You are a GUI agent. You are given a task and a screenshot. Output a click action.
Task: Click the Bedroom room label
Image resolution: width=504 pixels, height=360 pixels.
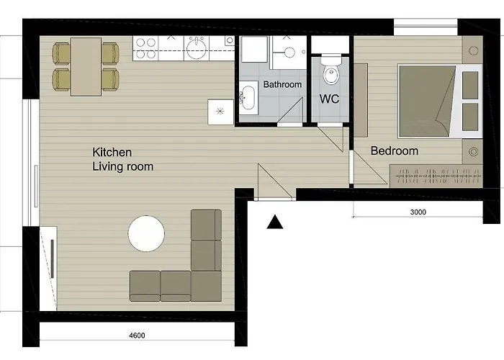395,150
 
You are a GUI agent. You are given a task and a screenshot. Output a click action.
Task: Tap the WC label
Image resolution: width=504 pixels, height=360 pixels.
329,99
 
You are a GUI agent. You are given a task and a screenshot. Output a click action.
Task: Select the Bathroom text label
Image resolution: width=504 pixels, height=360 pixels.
282,84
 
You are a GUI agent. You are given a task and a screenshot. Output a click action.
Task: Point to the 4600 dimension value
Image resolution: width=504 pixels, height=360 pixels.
137,336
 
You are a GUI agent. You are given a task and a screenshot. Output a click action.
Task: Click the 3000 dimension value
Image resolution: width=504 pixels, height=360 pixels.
418,212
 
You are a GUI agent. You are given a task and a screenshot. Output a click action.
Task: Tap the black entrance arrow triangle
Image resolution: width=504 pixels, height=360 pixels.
275,222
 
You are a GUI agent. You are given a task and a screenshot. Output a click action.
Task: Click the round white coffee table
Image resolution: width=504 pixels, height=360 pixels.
146,234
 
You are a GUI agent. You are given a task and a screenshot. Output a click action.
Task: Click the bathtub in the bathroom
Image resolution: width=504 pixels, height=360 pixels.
248,98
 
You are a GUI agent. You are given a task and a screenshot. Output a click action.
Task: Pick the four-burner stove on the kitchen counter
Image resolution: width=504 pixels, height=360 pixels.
145,48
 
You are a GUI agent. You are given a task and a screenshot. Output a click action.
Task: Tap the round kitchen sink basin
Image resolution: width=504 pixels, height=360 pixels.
196,48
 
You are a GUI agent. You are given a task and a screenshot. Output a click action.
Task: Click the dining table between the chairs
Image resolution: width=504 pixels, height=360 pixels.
86,66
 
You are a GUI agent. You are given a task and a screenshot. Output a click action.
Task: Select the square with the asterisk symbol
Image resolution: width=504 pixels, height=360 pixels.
220,112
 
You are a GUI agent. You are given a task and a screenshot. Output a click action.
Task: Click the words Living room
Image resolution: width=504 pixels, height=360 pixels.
123,166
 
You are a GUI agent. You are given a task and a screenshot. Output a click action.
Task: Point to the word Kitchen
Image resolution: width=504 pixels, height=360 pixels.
112,152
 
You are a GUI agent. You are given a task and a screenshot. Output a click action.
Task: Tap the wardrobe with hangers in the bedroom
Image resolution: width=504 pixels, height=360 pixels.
436,176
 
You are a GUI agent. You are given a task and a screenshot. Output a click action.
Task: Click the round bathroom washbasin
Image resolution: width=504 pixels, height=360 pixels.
289,53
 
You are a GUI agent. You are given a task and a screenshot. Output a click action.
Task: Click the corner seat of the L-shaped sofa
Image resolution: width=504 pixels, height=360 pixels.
206,286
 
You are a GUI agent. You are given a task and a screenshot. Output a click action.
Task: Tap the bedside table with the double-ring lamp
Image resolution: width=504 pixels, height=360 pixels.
472,152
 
